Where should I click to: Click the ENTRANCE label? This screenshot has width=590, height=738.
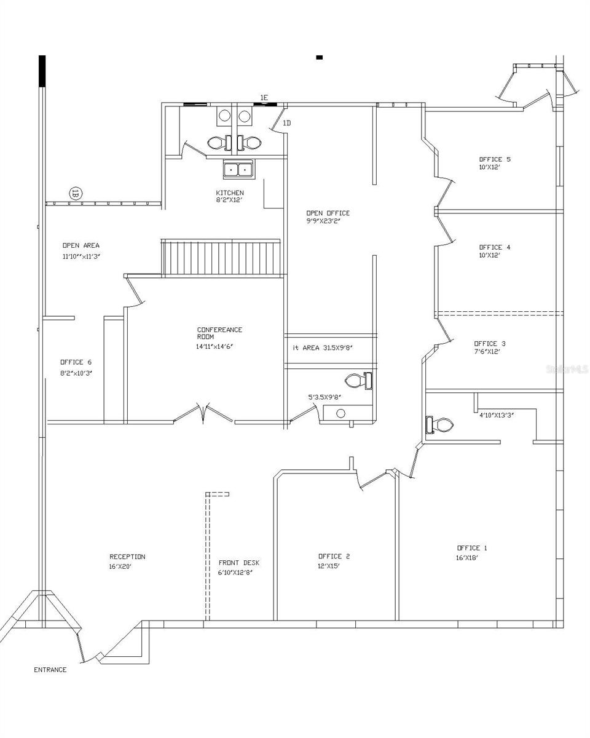tap(50, 670)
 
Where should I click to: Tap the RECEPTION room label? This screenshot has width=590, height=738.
tap(127, 557)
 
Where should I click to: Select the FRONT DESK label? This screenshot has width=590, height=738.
tap(239, 563)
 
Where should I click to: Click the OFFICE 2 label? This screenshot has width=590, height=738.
tap(334, 556)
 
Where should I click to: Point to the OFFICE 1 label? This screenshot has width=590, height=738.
tap(472, 548)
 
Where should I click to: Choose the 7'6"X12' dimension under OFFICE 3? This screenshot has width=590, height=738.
tap(487, 352)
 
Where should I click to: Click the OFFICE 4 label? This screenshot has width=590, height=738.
tap(495, 247)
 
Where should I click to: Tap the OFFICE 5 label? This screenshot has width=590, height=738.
tap(495, 159)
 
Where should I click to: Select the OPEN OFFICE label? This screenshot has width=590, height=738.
tap(328, 213)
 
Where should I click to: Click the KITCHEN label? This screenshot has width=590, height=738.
tap(229, 192)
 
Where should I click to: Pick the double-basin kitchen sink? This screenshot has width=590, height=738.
tap(238, 169)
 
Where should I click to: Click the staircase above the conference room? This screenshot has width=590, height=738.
tap(221, 258)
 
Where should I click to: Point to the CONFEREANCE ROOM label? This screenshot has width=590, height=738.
tap(219, 333)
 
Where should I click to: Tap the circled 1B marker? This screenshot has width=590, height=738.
tap(76, 193)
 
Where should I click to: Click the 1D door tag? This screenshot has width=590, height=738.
tap(286, 124)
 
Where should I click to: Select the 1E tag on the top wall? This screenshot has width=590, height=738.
tap(264, 98)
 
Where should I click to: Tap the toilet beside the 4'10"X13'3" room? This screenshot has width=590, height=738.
tap(439, 425)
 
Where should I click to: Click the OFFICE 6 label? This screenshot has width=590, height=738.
tap(76, 362)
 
